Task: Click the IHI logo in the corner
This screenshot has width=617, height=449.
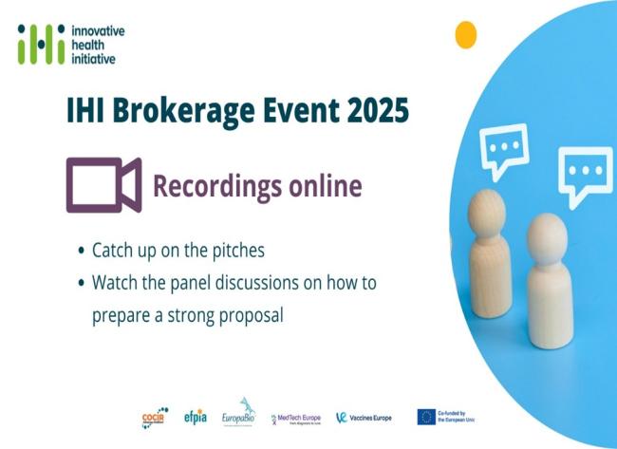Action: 42,43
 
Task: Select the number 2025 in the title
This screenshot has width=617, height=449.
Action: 372,110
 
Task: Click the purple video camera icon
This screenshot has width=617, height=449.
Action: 103,185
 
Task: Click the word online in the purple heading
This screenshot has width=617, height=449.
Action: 323,186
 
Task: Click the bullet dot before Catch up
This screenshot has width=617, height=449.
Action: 81,253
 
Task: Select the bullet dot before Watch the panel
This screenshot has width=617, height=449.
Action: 81,283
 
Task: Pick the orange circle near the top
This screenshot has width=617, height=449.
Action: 465,35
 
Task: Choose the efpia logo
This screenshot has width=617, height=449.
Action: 195,416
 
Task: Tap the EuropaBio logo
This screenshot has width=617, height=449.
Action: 239,413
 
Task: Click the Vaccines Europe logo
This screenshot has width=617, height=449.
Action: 365,417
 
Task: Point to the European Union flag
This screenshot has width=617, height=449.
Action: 426,417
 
